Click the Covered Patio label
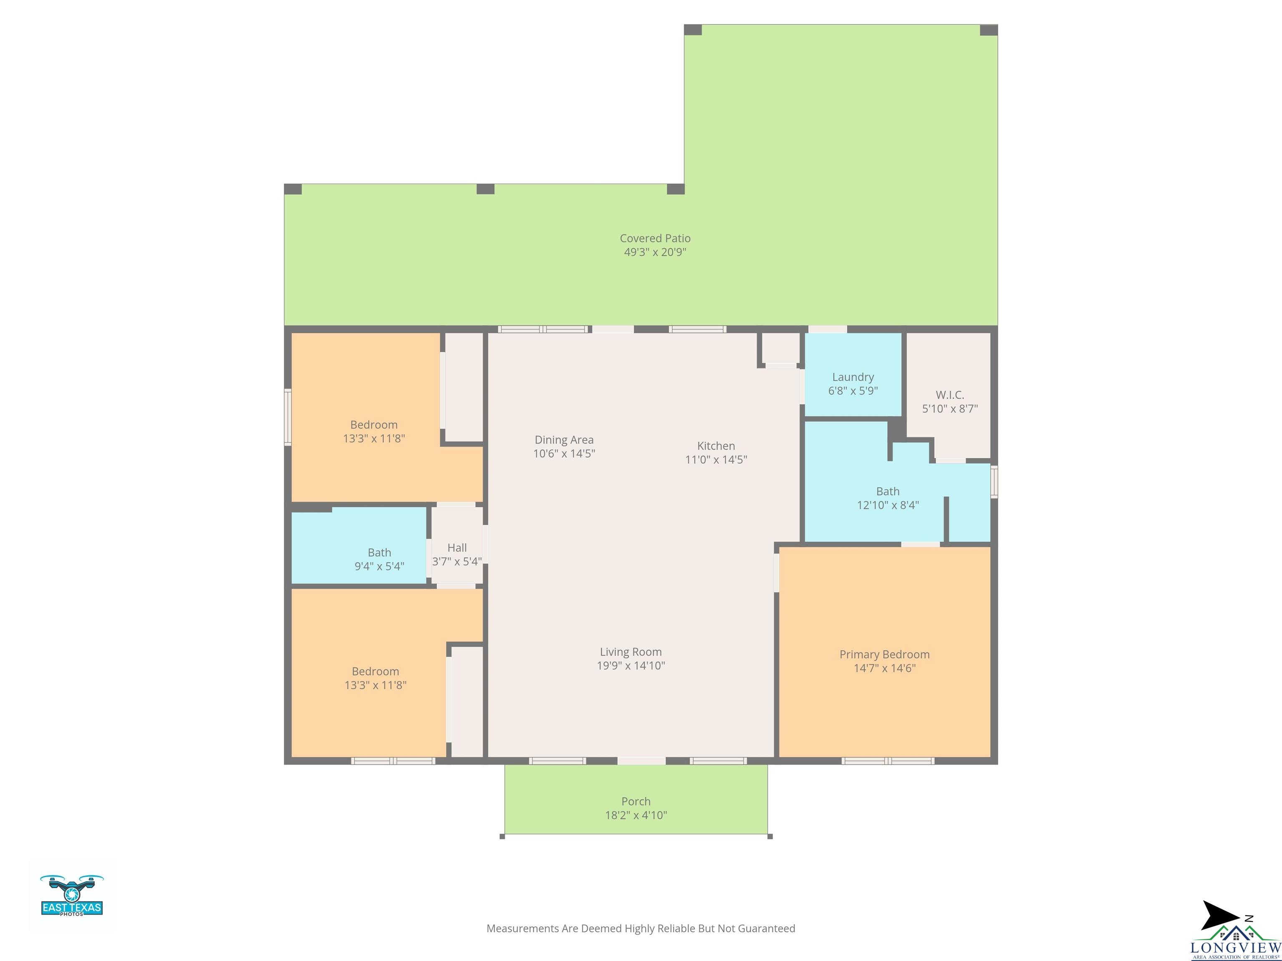coord(655,238)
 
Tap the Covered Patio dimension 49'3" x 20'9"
coord(655,252)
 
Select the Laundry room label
coord(853,377)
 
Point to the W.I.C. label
coord(950,395)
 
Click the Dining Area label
coord(564,440)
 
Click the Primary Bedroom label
coord(884,654)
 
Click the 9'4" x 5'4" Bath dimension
coord(379,566)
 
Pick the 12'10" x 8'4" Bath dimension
coord(888,505)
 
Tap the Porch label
coord(636,802)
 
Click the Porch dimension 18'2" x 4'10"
coord(636,815)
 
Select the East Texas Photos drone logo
coord(72,896)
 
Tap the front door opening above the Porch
coord(641,760)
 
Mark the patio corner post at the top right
coord(989,30)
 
